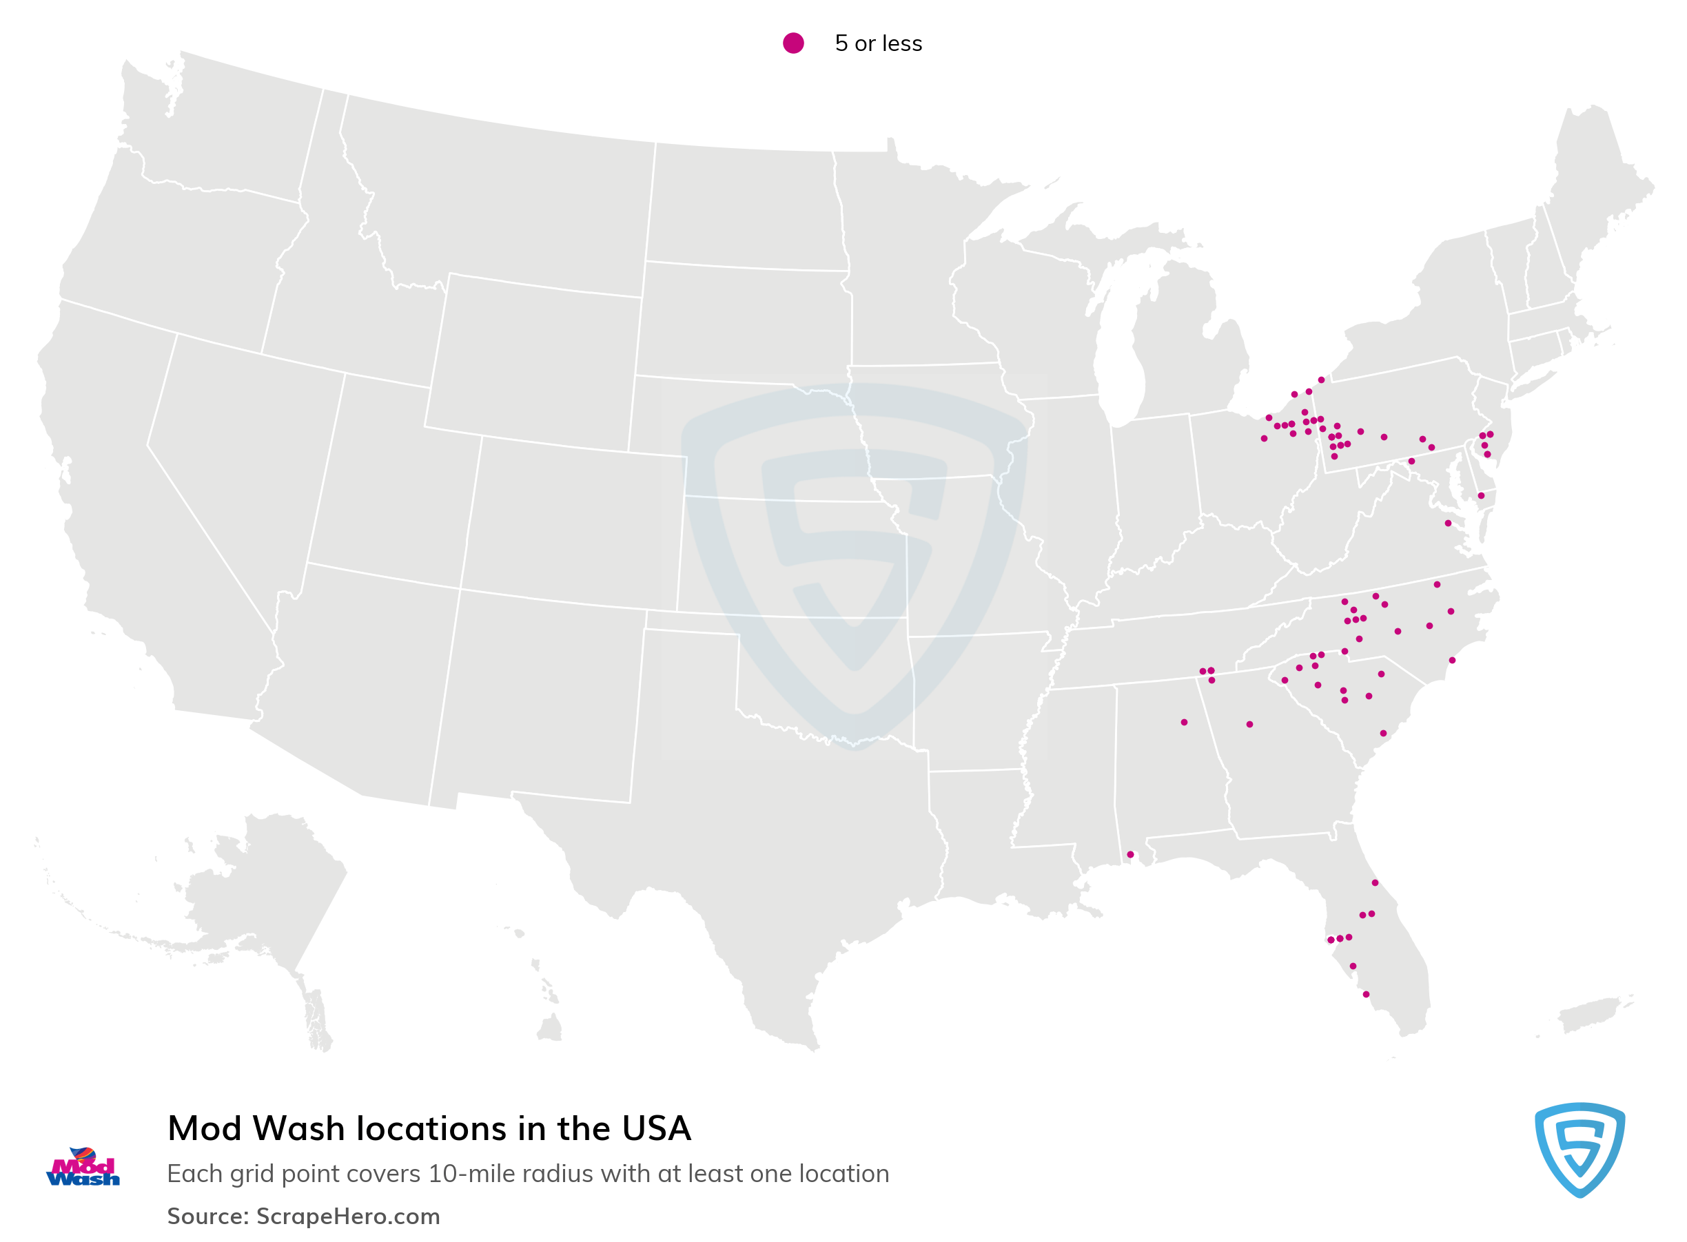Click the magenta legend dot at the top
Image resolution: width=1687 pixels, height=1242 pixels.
pos(793,43)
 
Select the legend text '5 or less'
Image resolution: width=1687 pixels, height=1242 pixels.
pos(878,43)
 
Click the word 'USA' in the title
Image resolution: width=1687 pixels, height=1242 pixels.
pos(656,1128)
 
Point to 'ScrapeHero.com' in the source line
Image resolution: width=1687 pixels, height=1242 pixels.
pos(347,1217)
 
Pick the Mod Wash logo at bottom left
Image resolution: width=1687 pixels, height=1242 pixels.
pos(83,1168)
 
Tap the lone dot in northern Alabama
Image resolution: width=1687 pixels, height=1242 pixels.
pos(1184,723)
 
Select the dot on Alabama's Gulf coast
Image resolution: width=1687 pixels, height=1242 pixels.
pos(1129,855)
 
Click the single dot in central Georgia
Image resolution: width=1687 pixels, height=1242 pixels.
pos(1249,725)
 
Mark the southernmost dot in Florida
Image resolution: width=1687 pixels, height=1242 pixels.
pos(1366,995)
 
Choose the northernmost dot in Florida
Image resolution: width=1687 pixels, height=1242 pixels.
pos(1375,882)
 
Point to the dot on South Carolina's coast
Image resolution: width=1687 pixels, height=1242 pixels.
pos(1383,733)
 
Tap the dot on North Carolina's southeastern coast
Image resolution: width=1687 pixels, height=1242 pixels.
pos(1452,660)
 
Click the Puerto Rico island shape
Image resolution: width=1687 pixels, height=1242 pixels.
pos(1587,1015)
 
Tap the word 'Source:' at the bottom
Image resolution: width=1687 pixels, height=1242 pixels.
pos(207,1217)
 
